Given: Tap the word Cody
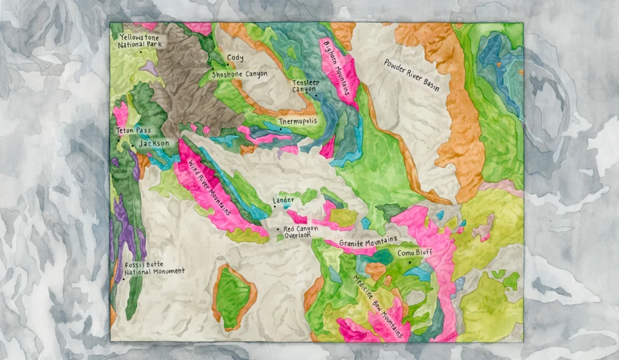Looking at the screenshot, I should (235, 58).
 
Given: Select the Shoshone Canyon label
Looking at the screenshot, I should (240, 74).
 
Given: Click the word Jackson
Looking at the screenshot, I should (154, 144).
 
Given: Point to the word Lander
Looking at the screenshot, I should (283, 201).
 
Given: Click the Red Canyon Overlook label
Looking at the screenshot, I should (300, 233).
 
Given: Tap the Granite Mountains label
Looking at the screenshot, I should (368, 244).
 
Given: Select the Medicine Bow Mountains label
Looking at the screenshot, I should (376, 305).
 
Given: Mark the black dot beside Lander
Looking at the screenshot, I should (271, 207).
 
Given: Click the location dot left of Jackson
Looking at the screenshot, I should (132, 145).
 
